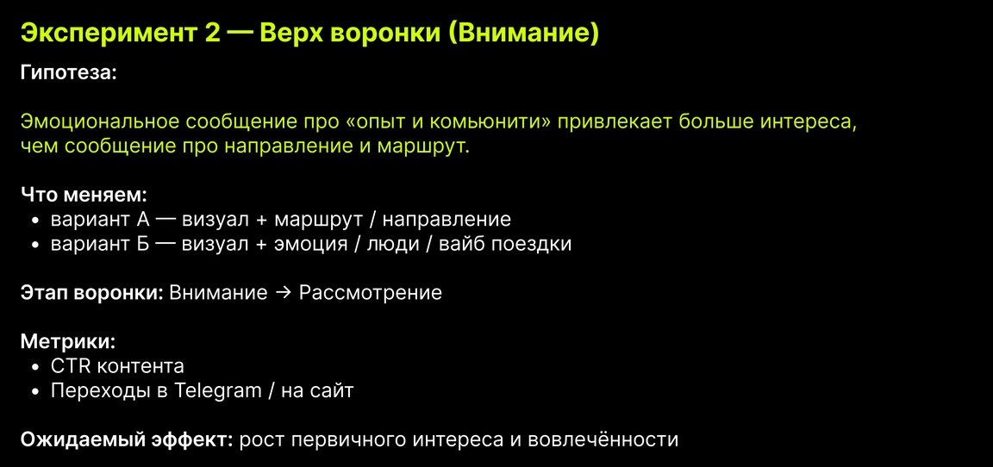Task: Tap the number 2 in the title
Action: click(214, 34)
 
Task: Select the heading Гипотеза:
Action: click(69, 72)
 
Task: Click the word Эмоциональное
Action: click(106, 121)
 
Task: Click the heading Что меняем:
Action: click(84, 195)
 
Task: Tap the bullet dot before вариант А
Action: click(36, 221)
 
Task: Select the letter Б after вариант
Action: click(142, 244)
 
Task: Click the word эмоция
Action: click(310, 244)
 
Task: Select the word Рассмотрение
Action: click(370, 294)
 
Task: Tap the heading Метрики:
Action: click(68, 342)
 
